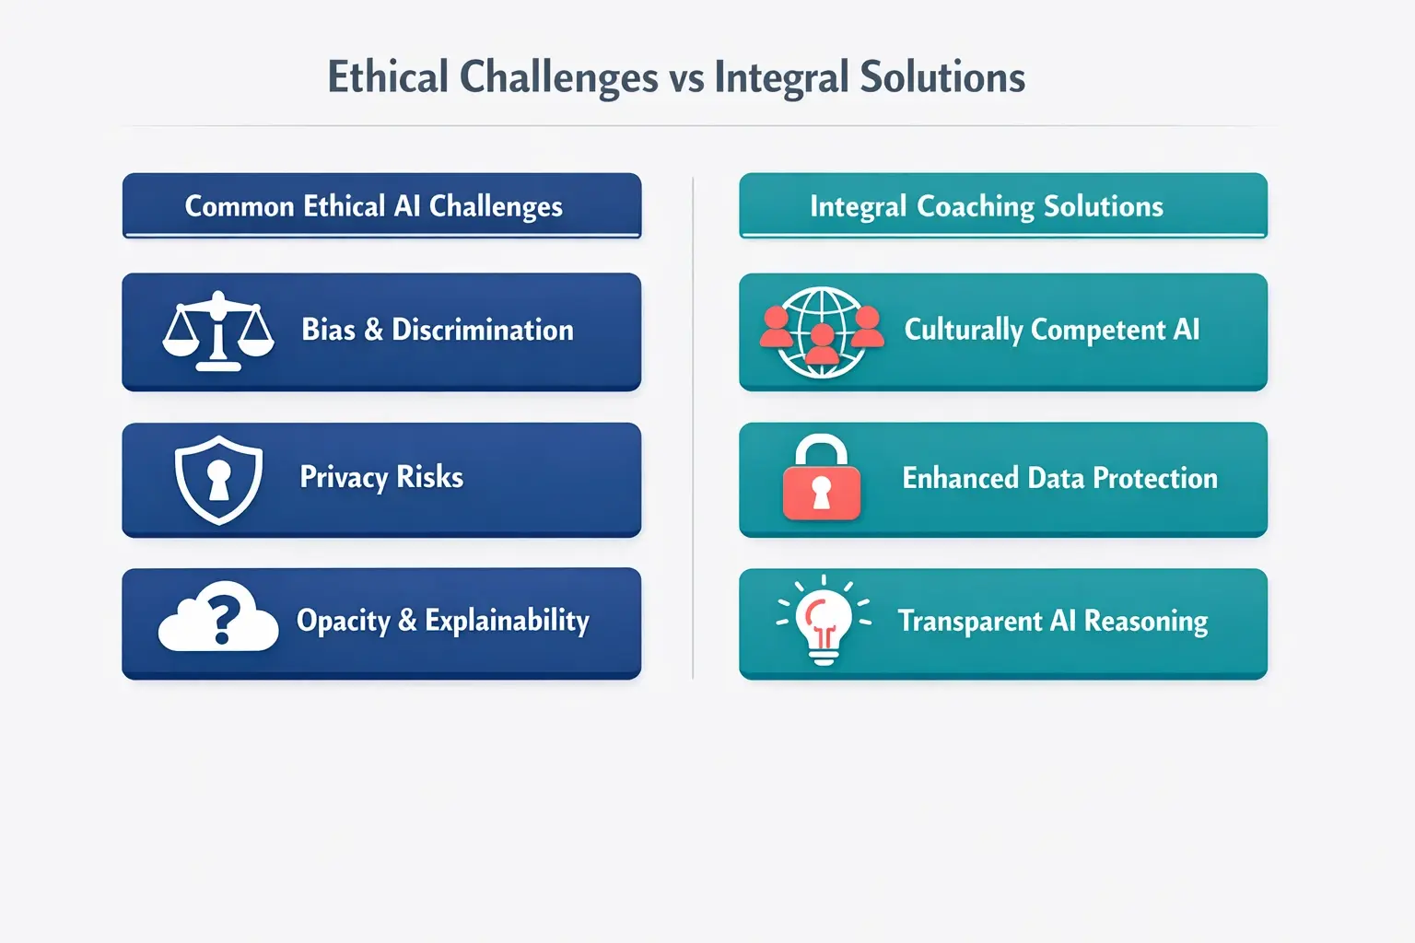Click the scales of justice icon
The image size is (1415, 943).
(218, 331)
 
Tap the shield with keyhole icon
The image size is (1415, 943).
(218, 480)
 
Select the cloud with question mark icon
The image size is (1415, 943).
(218, 618)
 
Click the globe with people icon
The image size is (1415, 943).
(822, 332)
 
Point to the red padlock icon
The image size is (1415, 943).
(821, 480)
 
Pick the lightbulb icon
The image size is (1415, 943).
(823, 619)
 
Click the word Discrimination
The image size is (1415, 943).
(482, 330)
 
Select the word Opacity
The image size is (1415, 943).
(343, 622)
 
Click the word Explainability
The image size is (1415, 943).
(507, 621)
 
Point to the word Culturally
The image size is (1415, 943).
(964, 331)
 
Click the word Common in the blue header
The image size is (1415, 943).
(240, 206)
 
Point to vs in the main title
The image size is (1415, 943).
(686, 78)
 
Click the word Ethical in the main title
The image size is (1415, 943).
(388, 77)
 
